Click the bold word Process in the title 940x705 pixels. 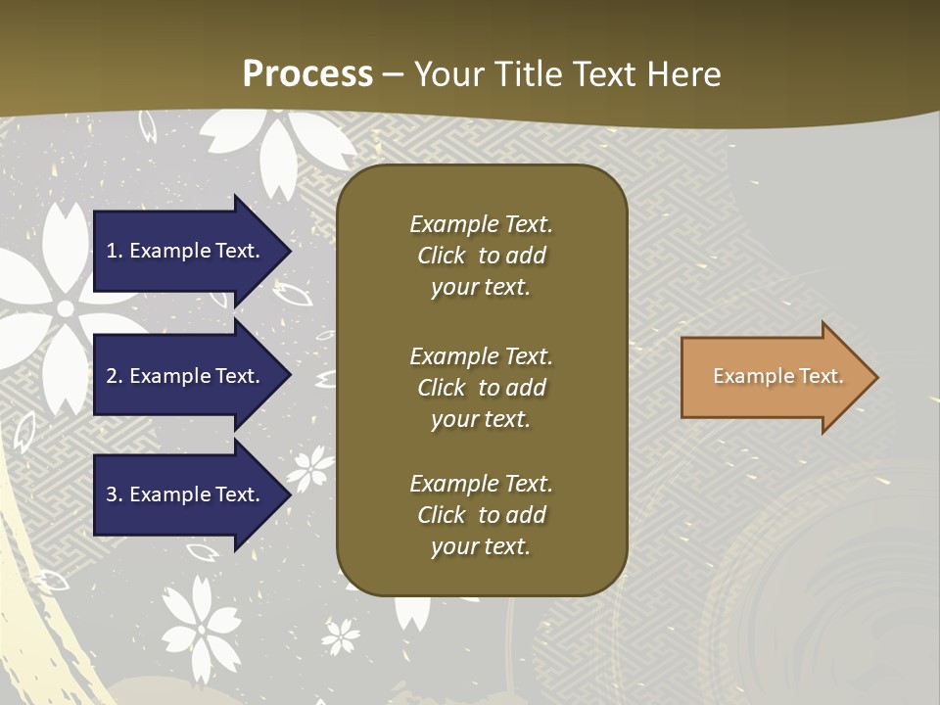coord(307,74)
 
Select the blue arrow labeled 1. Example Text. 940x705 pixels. coord(186,251)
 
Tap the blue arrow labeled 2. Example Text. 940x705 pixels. coord(186,376)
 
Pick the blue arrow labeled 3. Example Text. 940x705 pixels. coord(186,494)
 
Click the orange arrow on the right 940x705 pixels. coord(774,377)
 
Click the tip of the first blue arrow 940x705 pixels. coord(289,251)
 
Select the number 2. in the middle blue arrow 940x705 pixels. coord(115,376)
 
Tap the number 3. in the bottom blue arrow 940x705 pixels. coord(115,494)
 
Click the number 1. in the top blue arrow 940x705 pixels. coord(115,251)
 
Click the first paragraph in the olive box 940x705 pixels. coord(481,256)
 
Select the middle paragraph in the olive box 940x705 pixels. coord(481,388)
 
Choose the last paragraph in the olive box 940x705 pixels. coord(481,515)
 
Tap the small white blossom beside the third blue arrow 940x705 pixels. coord(311,468)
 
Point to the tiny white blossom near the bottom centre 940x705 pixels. coord(341,635)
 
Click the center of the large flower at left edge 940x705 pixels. coord(65,308)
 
